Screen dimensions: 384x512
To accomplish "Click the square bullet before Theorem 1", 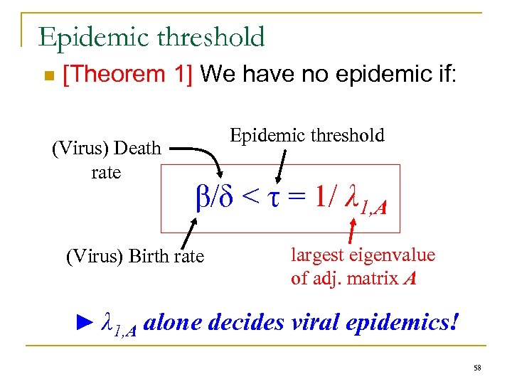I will (48, 76).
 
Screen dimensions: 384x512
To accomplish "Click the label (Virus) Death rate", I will (107, 161).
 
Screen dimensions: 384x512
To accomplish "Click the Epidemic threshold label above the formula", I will (307, 135).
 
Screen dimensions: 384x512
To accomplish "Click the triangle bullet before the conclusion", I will (84, 323).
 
